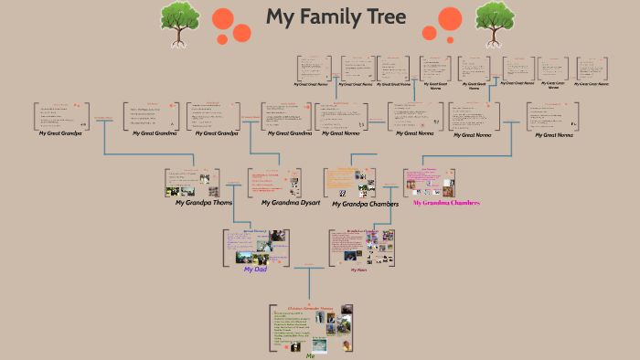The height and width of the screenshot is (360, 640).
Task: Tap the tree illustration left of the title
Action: coord(180,22)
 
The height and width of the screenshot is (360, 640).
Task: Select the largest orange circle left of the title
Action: coord(223,18)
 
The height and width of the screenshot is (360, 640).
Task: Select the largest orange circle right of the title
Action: coord(449,18)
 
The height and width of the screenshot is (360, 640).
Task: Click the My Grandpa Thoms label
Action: coord(207,202)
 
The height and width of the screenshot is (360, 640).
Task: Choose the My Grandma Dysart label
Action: coord(291,202)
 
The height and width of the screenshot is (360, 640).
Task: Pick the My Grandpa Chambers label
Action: coord(365,204)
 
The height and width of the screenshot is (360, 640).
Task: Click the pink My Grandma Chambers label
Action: coord(446,202)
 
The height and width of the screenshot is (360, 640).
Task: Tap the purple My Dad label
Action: coord(255,270)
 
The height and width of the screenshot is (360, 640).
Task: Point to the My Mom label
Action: coord(358,270)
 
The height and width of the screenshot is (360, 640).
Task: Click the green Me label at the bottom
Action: coord(311,356)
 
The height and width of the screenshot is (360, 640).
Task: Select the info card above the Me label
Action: coord(311,328)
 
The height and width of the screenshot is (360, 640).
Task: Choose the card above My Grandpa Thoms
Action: coord(192,182)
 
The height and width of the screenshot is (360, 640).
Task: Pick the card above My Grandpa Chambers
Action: coord(349,182)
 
